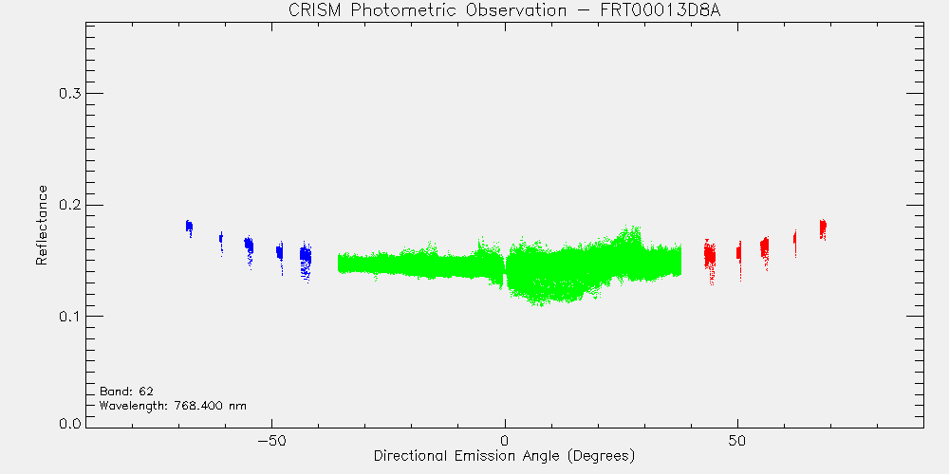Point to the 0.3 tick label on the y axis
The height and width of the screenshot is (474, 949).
[69, 94]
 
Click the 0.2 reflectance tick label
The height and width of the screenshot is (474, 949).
[69, 205]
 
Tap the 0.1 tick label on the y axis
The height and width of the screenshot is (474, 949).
[69, 317]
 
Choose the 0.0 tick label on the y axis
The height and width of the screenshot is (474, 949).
[69, 423]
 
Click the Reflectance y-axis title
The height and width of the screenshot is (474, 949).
[41, 226]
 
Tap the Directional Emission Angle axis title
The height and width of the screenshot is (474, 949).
[504, 455]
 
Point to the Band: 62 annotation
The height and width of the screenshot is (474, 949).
[122, 391]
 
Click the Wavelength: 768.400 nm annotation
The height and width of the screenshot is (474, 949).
[173, 405]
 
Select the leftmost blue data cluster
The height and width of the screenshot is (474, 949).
[189, 228]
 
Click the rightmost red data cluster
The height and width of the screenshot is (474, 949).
[823, 228]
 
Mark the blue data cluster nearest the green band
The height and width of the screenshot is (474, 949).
[306, 259]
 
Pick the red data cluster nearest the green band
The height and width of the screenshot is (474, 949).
[710, 259]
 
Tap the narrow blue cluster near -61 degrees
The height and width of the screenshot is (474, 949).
[221, 242]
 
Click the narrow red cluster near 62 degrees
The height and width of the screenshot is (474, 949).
[794, 243]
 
